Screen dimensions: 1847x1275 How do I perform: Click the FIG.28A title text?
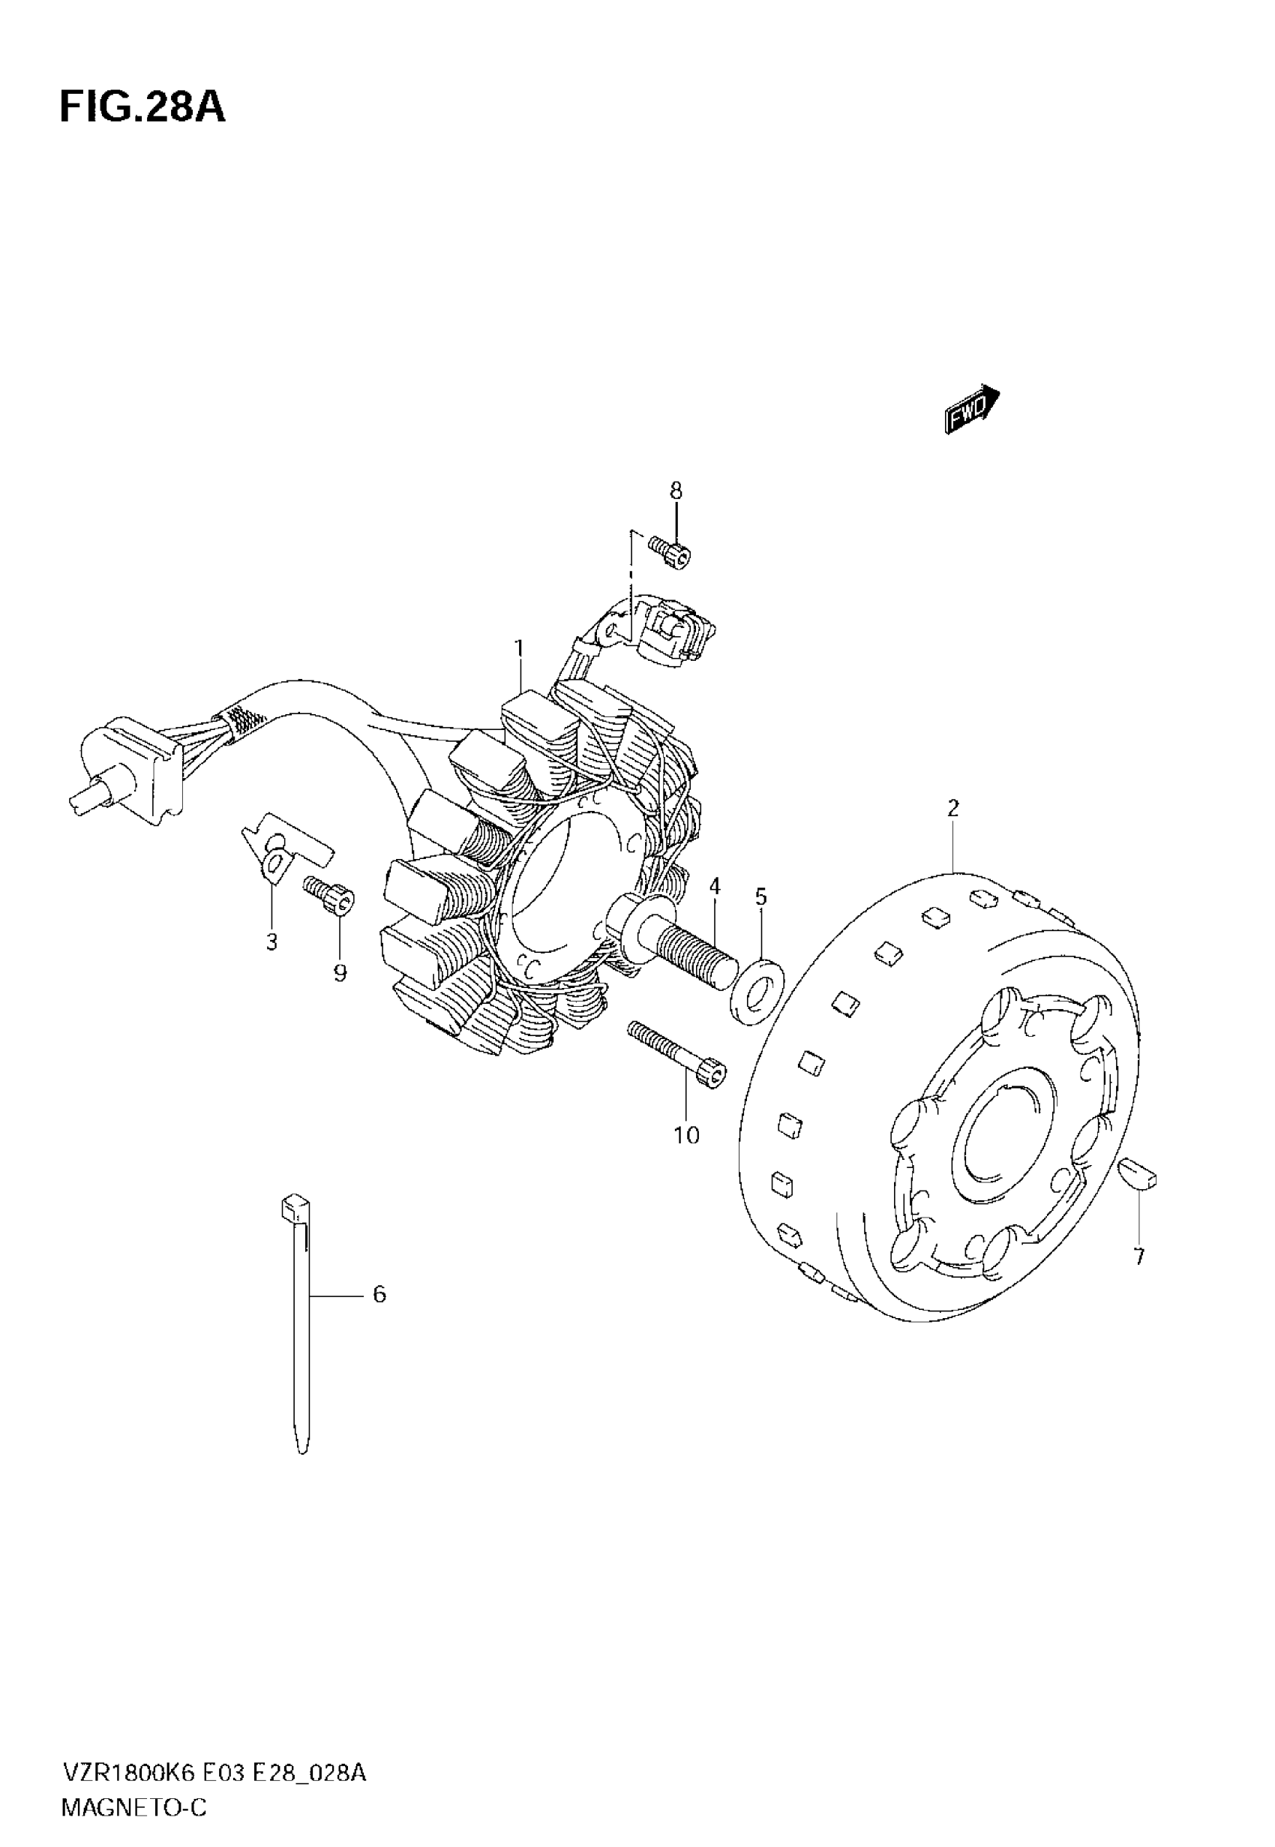tap(142, 108)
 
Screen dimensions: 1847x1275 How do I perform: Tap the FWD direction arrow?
tap(972, 410)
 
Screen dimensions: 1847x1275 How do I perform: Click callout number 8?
tap(676, 491)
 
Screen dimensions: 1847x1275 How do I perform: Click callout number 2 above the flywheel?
tap(953, 809)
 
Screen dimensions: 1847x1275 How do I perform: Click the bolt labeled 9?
tap(329, 896)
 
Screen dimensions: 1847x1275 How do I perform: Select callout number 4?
tap(714, 886)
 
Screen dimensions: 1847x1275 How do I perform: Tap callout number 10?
tap(686, 1135)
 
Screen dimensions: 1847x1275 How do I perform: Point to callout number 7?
tap(1139, 1257)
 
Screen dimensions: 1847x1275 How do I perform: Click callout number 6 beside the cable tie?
tap(379, 1293)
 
